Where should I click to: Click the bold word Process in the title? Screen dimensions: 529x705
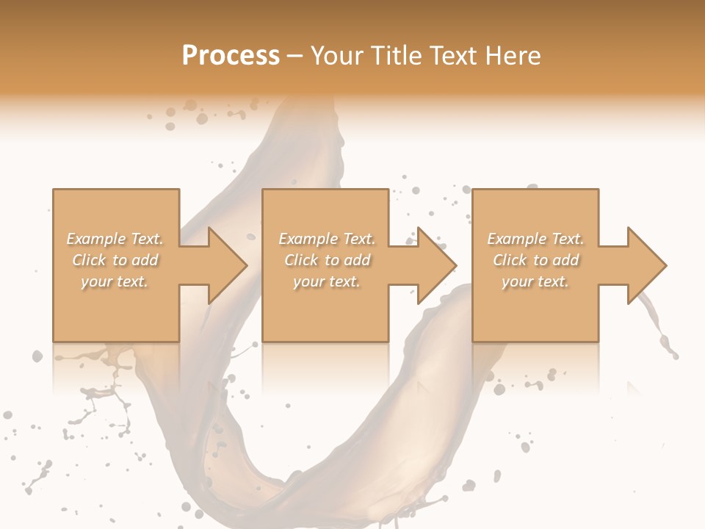click(x=231, y=56)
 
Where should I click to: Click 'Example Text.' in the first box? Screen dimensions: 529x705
click(x=115, y=239)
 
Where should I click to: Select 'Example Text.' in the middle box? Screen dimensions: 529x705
click(x=327, y=239)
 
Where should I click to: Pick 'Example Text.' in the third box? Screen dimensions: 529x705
click(x=535, y=239)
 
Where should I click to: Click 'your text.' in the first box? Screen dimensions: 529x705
click(x=115, y=281)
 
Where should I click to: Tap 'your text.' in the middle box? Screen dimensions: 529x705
click(x=327, y=281)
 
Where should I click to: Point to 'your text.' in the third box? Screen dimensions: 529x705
click(x=535, y=281)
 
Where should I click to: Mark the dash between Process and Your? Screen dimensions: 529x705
click(x=295, y=56)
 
